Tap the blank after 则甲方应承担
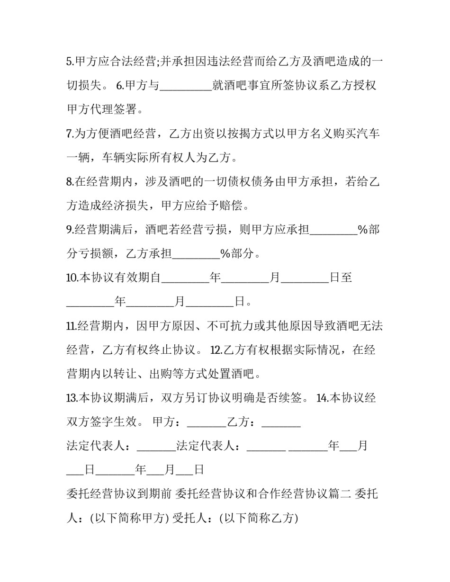[333, 230]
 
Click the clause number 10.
[72, 278]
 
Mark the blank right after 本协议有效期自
[185, 278]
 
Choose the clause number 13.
[72, 398]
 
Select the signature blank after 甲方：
[207, 422]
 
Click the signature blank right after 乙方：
[281, 422]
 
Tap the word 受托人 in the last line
[200, 519]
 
